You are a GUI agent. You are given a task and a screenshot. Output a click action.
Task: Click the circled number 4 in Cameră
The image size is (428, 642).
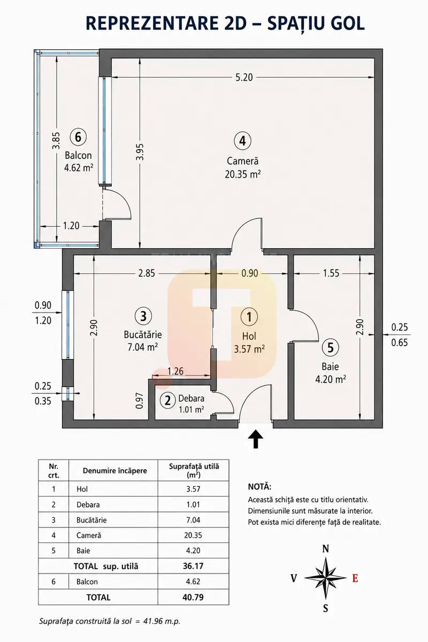click(242, 141)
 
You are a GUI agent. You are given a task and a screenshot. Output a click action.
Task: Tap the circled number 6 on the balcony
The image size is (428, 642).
click(78, 137)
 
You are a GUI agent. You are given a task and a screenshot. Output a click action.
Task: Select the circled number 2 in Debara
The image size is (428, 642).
click(167, 400)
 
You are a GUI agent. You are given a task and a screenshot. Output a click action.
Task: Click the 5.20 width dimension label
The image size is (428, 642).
click(244, 78)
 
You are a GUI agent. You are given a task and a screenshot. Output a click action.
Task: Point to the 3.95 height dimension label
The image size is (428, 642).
click(140, 152)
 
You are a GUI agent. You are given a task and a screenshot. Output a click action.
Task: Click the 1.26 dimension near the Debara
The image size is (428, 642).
click(175, 371)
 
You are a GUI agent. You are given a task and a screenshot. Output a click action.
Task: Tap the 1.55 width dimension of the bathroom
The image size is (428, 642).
click(331, 273)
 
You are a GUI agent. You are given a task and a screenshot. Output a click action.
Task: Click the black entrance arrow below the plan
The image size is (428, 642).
click(256, 439)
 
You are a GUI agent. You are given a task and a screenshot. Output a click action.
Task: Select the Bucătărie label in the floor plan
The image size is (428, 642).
click(143, 334)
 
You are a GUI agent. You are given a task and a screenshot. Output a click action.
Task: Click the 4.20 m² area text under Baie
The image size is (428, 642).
click(331, 379)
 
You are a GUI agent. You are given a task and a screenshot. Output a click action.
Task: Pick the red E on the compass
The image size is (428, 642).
click(355, 578)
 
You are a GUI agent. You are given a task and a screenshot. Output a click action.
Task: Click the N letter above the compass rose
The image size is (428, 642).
click(325, 549)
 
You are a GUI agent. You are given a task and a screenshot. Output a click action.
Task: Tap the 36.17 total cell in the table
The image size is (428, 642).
click(193, 566)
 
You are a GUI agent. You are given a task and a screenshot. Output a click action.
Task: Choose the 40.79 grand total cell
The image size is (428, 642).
click(193, 597)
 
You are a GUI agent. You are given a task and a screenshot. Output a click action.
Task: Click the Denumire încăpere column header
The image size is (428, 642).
click(114, 471)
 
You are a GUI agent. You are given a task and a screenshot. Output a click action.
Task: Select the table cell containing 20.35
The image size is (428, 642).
click(193, 535)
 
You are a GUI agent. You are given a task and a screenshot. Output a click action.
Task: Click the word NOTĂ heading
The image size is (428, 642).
click(259, 487)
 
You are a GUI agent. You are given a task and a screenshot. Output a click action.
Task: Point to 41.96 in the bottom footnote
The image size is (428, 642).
click(153, 621)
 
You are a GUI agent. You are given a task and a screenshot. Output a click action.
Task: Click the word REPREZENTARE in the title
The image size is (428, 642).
click(152, 23)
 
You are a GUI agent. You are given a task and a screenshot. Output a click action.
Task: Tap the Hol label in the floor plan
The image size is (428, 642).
click(249, 336)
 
